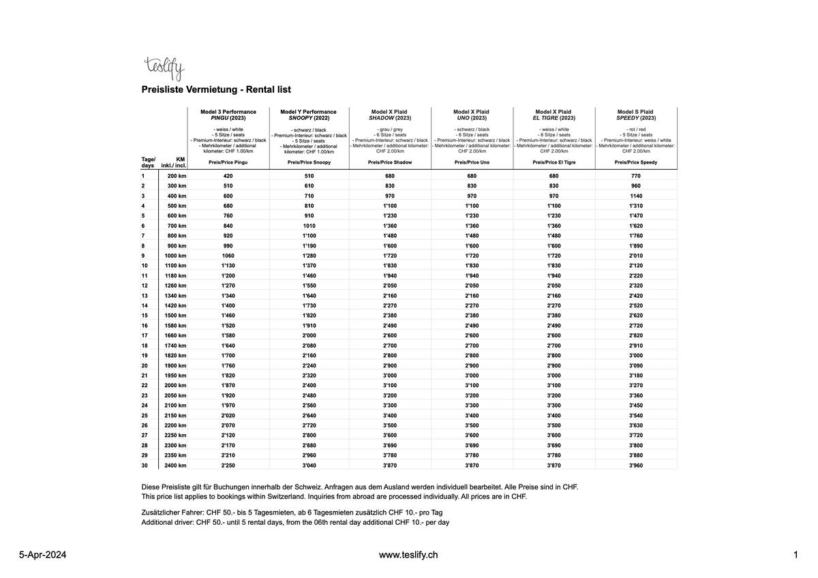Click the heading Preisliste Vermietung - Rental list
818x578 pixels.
tap(216, 89)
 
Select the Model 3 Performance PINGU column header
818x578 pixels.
tap(228, 115)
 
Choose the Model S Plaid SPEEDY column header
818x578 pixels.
tap(635, 115)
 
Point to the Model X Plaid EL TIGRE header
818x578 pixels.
tap(554, 115)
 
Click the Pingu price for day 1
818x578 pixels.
tap(228, 176)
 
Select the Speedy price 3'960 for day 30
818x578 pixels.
tap(635, 465)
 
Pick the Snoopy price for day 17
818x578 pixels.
tap(309, 335)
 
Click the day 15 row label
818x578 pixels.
tap(145, 316)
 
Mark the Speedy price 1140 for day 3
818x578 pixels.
tap(635, 196)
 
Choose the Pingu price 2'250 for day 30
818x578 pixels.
tap(228, 465)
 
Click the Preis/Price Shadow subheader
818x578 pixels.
tap(390, 163)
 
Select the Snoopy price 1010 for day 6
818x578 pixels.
tap(309, 226)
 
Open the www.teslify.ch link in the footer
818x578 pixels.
tap(408, 555)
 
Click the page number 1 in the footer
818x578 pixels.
tap(796, 555)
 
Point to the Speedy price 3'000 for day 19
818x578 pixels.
tap(635, 355)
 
